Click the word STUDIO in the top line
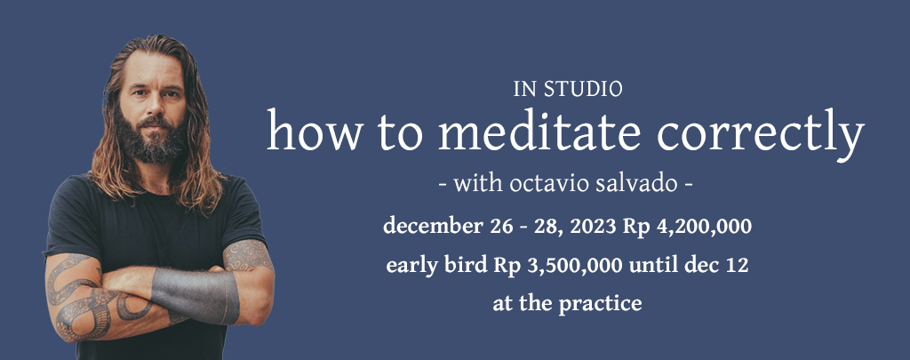click(583, 90)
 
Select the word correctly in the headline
click(761, 135)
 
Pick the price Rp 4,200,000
click(688, 227)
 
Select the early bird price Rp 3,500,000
click(558, 266)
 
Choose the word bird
click(470, 265)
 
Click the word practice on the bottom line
click(600, 303)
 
